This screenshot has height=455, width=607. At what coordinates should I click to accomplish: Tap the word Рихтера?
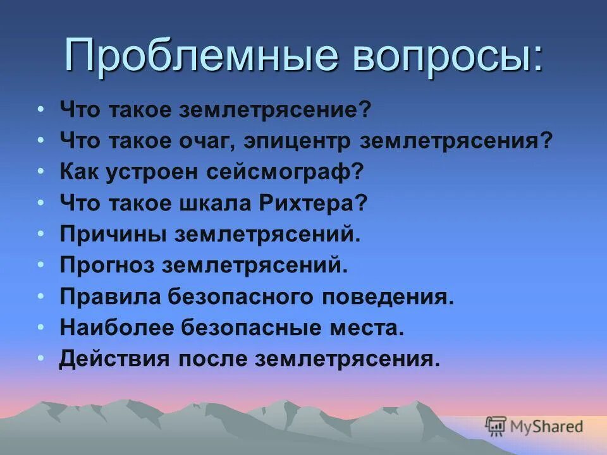coord(313,203)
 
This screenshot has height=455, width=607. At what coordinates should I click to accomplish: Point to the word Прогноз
coord(107,265)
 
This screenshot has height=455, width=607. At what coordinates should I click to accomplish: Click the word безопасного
coord(240,296)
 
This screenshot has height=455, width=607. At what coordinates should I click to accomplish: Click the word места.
coord(372,327)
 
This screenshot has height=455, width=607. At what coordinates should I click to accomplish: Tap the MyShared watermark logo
coord(534,426)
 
